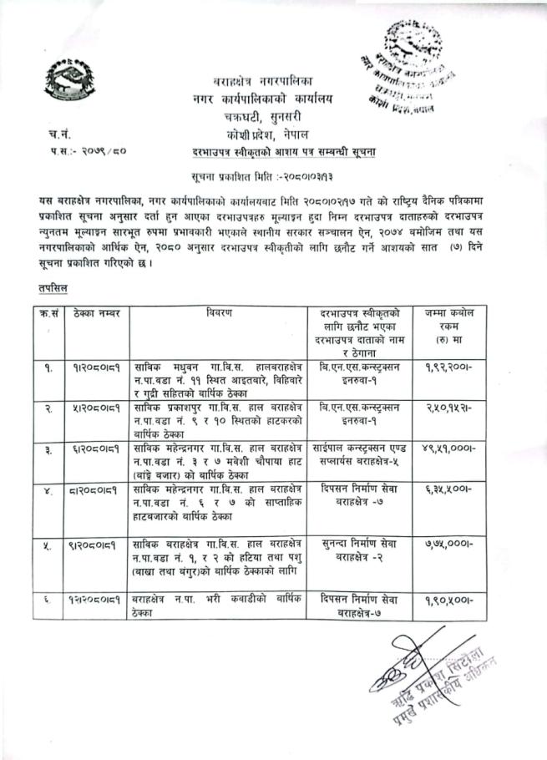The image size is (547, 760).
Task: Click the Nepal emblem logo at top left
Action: point(67,81)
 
